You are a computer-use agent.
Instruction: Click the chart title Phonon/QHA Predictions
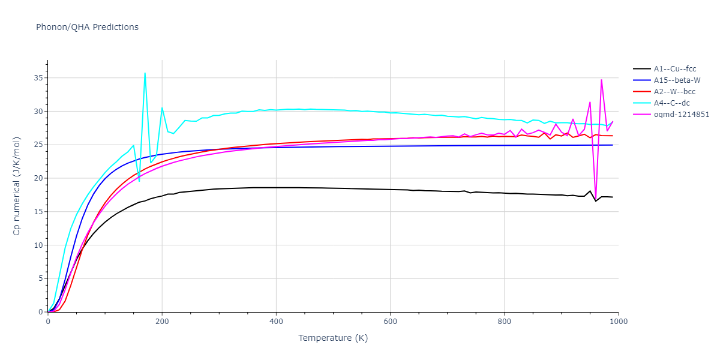(87, 27)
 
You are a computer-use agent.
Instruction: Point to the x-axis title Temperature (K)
(333, 338)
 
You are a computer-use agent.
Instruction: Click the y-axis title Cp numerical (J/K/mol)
(17, 186)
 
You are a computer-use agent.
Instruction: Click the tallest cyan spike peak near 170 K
(145, 73)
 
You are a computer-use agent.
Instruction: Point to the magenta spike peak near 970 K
(601, 80)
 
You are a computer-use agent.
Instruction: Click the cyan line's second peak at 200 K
(162, 108)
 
